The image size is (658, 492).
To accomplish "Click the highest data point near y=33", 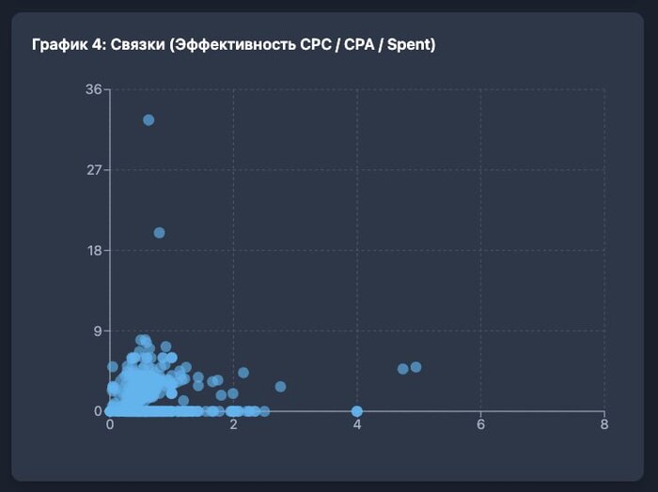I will click(x=149, y=120).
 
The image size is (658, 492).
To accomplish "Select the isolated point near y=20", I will click(x=159, y=233).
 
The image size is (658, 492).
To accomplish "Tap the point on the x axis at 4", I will click(x=357, y=411).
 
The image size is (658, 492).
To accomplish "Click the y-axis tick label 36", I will click(x=93, y=90).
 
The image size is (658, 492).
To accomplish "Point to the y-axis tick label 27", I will click(x=93, y=170).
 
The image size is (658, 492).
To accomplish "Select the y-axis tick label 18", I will click(x=93, y=251).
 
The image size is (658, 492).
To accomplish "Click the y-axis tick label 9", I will click(x=97, y=331).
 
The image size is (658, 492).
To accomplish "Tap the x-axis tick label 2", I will click(x=234, y=424).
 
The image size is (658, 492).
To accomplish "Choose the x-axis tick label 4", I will click(x=357, y=424).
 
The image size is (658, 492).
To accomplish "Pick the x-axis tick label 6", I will click(x=480, y=424).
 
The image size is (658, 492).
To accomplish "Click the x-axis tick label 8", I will click(x=603, y=424).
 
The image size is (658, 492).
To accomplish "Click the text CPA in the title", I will click(x=354, y=45).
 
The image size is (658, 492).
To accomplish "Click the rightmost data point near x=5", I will click(x=415, y=367).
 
